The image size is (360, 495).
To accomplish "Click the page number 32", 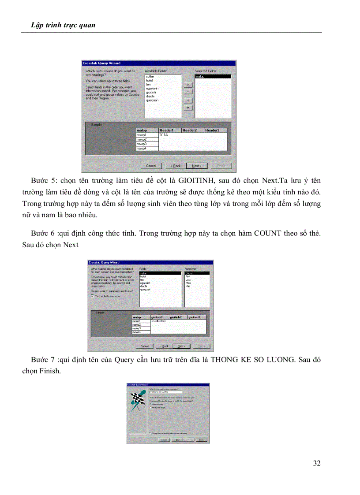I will pos(316,463).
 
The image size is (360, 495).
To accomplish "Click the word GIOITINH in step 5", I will pos(196,181).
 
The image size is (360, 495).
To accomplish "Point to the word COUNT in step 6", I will pos(267,233).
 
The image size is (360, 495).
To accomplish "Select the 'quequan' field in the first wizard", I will pos(152,100).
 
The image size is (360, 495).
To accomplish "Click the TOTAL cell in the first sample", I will pos(165,135).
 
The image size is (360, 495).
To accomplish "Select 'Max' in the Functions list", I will pos(188,283).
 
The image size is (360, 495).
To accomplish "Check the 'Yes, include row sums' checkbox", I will pos(92,296).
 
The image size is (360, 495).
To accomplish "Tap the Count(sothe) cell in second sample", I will pos(158,321).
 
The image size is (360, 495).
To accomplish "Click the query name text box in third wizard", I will pos(166,392).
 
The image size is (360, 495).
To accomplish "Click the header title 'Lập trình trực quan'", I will pos(63,25).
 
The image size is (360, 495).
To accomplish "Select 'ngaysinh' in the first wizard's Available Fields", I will pos(152,88).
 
